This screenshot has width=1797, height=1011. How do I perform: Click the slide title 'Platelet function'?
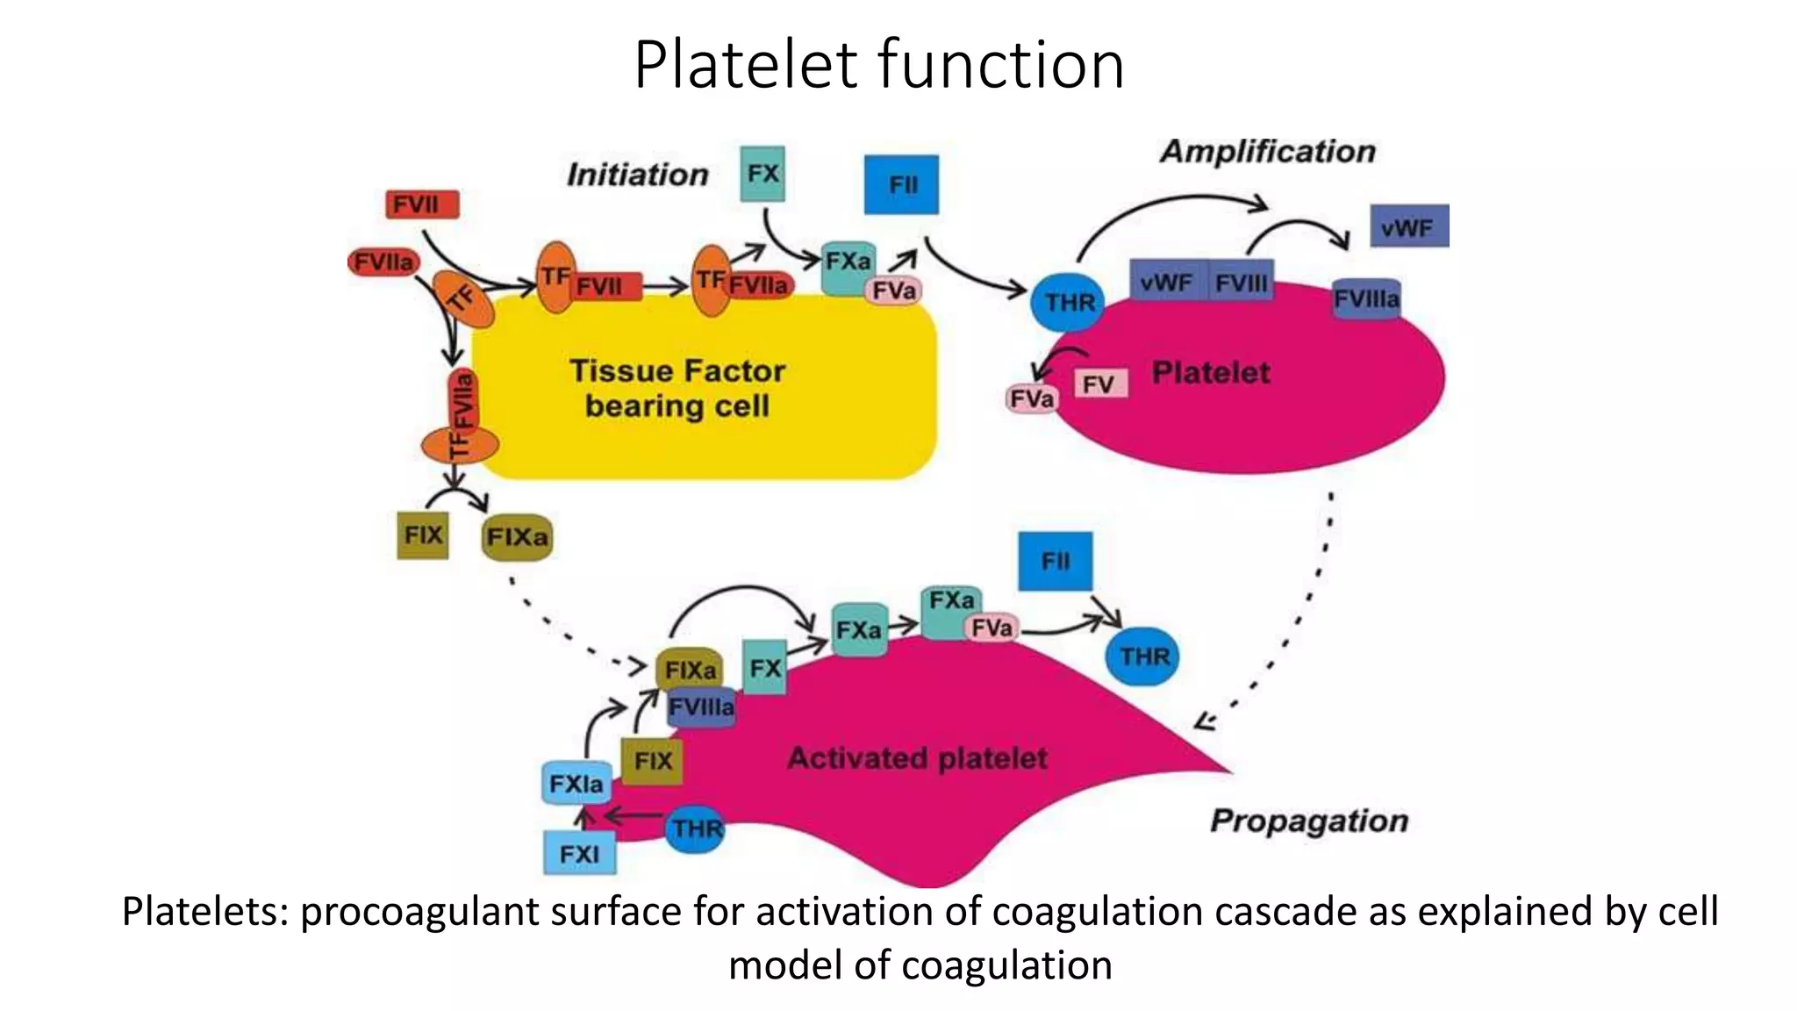pyautogui.click(x=878, y=65)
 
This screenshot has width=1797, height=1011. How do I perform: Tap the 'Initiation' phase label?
pyautogui.click(x=637, y=175)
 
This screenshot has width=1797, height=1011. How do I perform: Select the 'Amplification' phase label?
pyautogui.click(x=1267, y=152)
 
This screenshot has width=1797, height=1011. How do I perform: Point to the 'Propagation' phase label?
pyautogui.click(x=1308, y=821)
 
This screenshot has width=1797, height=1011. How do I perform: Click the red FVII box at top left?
pyautogui.click(x=422, y=205)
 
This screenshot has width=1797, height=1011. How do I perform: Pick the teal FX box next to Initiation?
pyautogui.click(x=762, y=174)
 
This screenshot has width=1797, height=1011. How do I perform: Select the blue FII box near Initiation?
pyautogui.click(x=901, y=185)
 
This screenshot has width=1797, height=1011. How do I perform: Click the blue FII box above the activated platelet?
pyautogui.click(x=1055, y=562)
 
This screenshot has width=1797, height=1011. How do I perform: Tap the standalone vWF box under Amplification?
pyautogui.click(x=1408, y=227)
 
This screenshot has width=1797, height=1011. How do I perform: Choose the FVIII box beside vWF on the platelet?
pyautogui.click(x=1241, y=283)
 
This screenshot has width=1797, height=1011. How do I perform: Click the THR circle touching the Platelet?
pyautogui.click(x=1069, y=303)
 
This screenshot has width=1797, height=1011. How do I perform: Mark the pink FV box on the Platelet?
pyautogui.click(x=1099, y=384)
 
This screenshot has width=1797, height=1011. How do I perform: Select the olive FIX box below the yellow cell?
pyautogui.click(x=423, y=535)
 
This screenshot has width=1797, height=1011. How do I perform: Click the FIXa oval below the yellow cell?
pyautogui.click(x=517, y=537)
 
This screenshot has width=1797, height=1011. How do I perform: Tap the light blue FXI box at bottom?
pyautogui.click(x=579, y=854)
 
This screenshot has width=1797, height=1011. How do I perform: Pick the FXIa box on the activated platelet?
pyautogui.click(x=576, y=784)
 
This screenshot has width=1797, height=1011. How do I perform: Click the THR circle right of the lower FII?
pyautogui.click(x=1144, y=656)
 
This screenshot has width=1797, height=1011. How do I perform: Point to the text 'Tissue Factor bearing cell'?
pyautogui.click(x=677, y=388)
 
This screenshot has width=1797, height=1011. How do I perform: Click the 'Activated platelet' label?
pyautogui.click(x=917, y=758)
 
